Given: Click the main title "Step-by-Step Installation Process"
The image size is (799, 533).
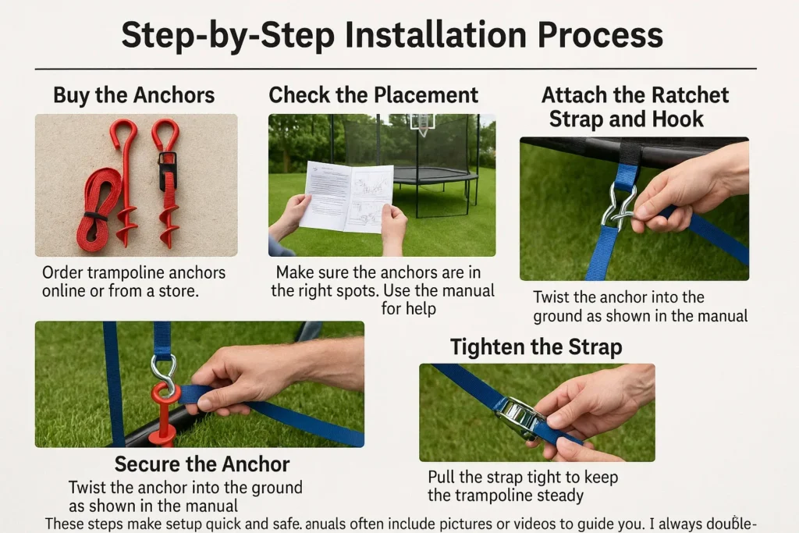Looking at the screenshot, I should point(392,35).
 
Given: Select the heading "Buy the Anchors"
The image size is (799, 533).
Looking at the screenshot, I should point(133,96).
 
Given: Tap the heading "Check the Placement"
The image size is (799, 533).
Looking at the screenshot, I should point(373,95).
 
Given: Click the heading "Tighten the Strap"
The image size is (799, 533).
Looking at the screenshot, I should point(536,346).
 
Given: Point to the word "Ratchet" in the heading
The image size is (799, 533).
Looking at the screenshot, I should point(690,96).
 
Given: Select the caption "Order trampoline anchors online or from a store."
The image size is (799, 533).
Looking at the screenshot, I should point(133,282).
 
